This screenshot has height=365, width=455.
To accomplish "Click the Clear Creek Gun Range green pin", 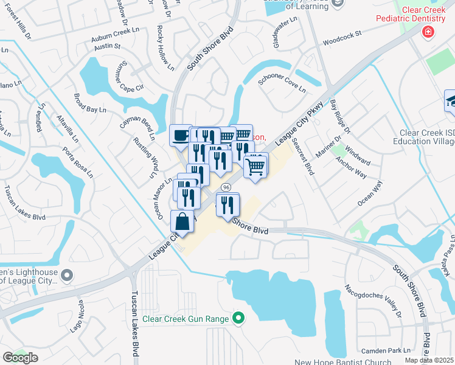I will coord(238,318).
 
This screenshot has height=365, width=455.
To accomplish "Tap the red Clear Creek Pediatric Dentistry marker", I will coord(429,31).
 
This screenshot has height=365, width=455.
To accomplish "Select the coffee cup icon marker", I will coord(181,136).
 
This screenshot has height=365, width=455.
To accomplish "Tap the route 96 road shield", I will coord(226,186).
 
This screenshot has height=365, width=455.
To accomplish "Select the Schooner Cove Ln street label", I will coord(282,83).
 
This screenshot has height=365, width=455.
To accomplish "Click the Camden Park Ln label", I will coord(386,351).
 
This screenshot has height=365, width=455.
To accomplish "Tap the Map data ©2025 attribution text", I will coord(429,361).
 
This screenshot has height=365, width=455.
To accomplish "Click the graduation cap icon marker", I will coord(451,100).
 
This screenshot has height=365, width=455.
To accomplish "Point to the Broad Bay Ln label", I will coord(89,103).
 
